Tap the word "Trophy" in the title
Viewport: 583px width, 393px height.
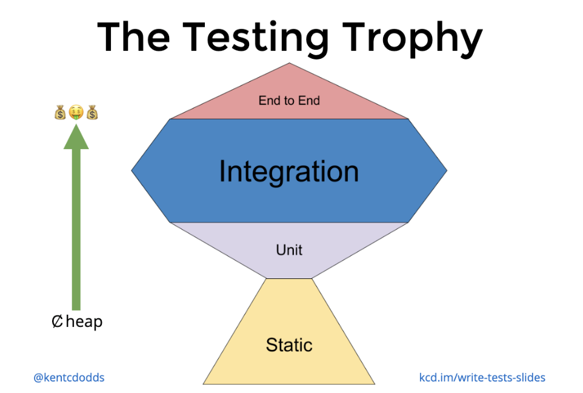(x=413, y=38)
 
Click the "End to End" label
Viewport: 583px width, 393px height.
(x=289, y=101)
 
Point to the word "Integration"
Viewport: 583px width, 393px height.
(x=288, y=172)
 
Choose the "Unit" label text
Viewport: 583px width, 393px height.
(x=289, y=250)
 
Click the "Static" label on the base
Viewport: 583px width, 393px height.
(x=289, y=345)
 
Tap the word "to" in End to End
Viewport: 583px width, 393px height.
(x=290, y=101)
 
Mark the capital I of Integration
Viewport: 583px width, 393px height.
(x=222, y=171)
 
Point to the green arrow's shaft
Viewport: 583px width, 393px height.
(x=76, y=230)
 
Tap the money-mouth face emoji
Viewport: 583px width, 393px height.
(x=76, y=112)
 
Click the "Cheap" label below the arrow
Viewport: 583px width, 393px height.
(x=77, y=321)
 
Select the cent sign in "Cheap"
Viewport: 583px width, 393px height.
(x=58, y=321)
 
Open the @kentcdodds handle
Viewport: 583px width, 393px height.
(x=69, y=377)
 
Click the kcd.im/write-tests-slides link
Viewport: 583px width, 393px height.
(x=482, y=377)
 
